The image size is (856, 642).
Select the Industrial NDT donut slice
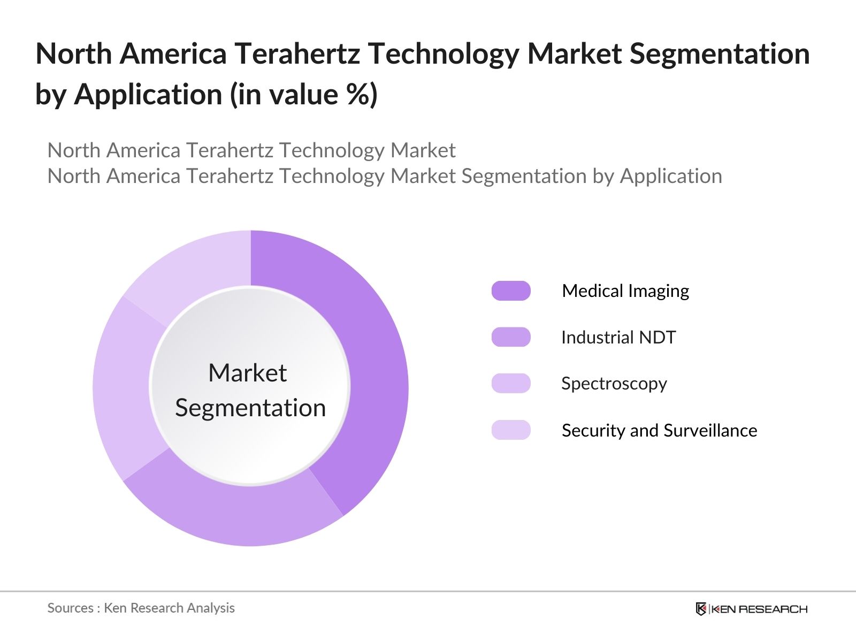(x=235, y=514)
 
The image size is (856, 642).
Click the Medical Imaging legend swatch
(x=511, y=291)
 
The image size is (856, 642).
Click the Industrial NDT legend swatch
(x=511, y=337)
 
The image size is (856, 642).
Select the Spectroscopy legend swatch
(x=511, y=384)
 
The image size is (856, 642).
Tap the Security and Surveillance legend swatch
(x=511, y=430)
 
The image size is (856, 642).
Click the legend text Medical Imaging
(x=625, y=291)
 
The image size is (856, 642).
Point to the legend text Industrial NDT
(x=618, y=337)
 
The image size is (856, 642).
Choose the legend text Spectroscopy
(x=614, y=384)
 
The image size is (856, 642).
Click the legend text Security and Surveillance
(x=659, y=430)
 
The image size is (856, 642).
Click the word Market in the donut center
(x=247, y=373)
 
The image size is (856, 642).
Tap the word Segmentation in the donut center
(x=250, y=408)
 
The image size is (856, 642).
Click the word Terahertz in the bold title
(x=297, y=53)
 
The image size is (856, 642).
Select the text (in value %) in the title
(x=304, y=95)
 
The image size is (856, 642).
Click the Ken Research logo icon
(x=701, y=609)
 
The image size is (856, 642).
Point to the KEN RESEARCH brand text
(x=759, y=609)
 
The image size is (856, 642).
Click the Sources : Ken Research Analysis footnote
(x=141, y=608)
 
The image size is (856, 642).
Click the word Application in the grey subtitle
(x=671, y=176)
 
